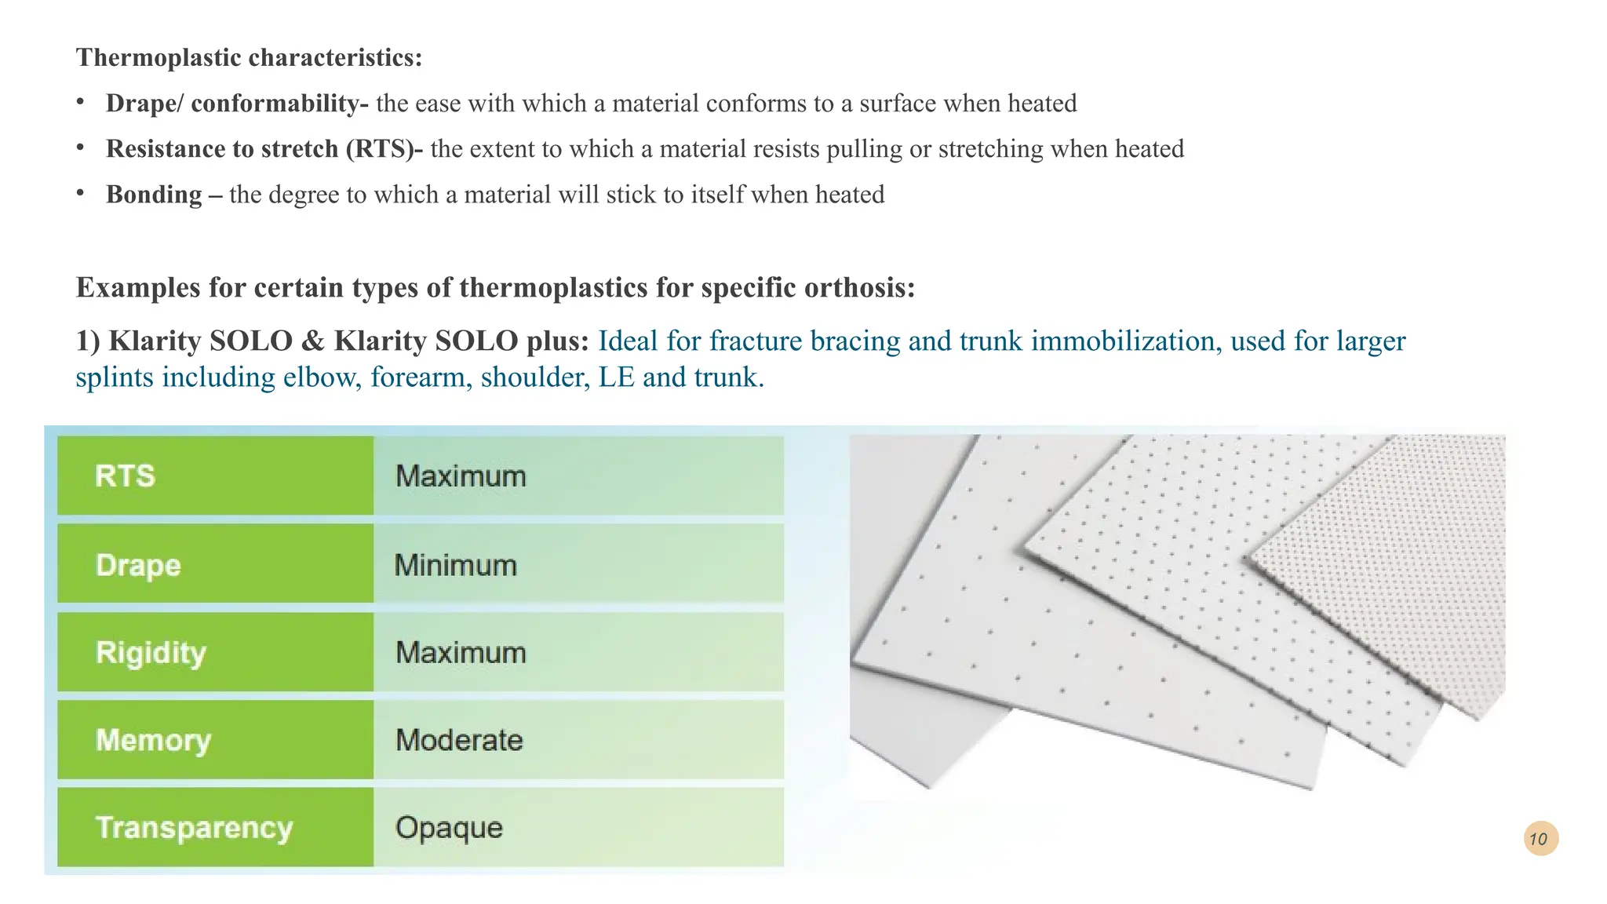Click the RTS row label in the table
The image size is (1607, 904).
pyautogui.click(x=126, y=476)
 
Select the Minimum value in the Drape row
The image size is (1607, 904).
pyautogui.click(x=455, y=565)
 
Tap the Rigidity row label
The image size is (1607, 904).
pyautogui.click(x=151, y=653)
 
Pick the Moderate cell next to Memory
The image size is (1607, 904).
pyautogui.click(x=459, y=740)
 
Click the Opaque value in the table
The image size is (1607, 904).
pyautogui.click(x=449, y=828)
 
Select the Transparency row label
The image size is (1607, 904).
pyautogui.click(x=194, y=828)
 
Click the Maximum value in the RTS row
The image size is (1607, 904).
pyautogui.click(x=461, y=476)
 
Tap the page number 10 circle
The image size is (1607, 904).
pyautogui.click(x=1540, y=838)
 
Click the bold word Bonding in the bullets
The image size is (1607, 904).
pyautogui.click(x=154, y=194)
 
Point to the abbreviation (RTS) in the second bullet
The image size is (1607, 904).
pyautogui.click(x=380, y=148)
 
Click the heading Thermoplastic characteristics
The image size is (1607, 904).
pyautogui.click(x=249, y=57)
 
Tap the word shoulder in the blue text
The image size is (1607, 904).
pyautogui.click(x=533, y=377)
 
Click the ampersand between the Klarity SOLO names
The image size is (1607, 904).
pyautogui.click(x=312, y=341)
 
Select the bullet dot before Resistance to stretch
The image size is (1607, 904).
pyautogui.click(x=80, y=147)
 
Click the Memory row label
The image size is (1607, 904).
pyautogui.click(x=153, y=740)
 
